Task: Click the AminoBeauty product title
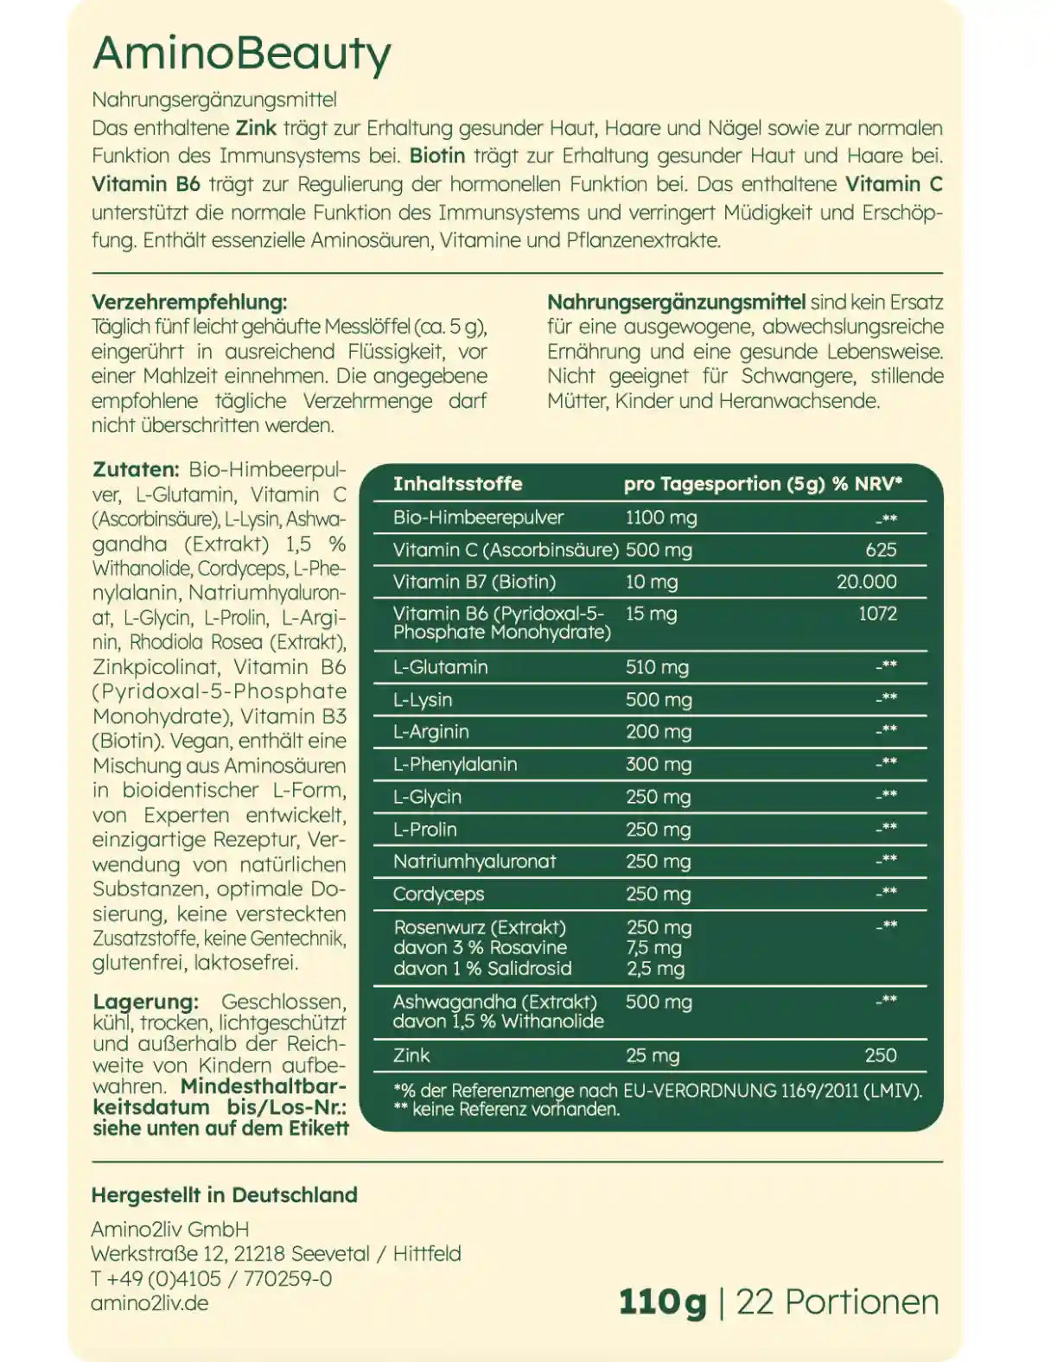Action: click(241, 54)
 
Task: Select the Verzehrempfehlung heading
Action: click(188, 302)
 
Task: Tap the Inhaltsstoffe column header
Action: click(457, 484)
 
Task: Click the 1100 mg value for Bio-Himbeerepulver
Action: click(660, 518)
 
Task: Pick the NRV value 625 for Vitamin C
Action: click(881, 550)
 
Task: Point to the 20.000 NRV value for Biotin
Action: click(866, 582)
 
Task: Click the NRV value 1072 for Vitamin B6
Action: click(877, 614)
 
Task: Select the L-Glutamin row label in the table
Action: click(440, 667)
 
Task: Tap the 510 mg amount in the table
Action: click(657, 667)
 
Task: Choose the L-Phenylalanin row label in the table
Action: click(455, 764)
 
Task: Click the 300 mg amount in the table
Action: click(658, 764)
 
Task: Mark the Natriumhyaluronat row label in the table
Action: click(475, 862)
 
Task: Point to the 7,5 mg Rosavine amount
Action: click(653, 948)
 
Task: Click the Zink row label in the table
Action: click(411, 1055)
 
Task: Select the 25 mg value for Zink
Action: click(652, 1055)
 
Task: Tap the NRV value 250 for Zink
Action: click(880, 1055)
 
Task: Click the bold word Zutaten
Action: click(135, 470)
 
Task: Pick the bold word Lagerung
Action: click(145, 1002)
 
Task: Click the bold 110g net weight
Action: click(662, 1302)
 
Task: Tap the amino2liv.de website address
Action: click(150, 1303)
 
